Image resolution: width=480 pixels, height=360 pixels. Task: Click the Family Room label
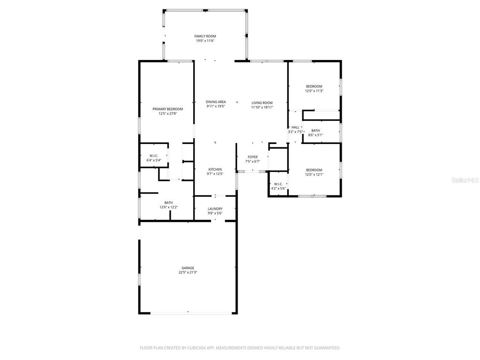(205, 36)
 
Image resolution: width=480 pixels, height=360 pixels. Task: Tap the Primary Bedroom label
(167, 109)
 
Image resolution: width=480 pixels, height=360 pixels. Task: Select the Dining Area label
(216, 102)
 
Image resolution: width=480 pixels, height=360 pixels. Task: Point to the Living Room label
(262, 103)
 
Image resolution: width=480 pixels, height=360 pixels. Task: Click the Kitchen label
(215, 169)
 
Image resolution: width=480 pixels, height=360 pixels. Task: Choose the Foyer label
(252, 157)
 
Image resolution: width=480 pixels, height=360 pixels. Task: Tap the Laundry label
(215, 209)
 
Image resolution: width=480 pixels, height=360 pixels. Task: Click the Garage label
(188, 268)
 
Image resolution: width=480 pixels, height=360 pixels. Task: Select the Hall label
(295, 127)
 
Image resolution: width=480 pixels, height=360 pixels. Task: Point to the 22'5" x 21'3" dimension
(188, 272)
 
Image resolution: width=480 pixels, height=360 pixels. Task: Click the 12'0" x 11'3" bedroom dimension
(314, 91)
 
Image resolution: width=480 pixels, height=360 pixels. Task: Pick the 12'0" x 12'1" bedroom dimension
(314, 174)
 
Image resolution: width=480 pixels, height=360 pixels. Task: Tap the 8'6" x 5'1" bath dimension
(315, 135)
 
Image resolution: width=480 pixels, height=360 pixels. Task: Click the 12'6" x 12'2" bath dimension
(168, 207)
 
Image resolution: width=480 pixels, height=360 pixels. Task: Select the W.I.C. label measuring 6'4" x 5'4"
(154, 156)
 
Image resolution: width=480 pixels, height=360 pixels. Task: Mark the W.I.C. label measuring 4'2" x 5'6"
(278, 184)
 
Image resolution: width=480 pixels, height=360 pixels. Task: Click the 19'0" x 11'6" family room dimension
(205, 41)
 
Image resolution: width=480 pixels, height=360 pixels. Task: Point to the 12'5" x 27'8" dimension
(167, 113)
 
